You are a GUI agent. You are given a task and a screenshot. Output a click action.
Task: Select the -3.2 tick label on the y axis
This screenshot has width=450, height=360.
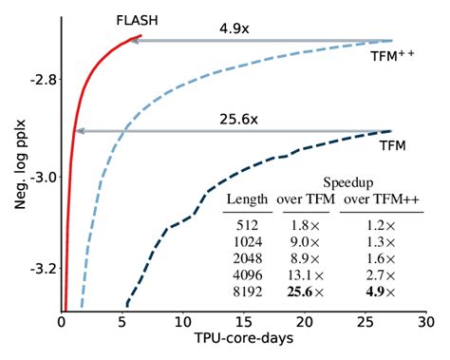pyautogui.click(x=37, y=269)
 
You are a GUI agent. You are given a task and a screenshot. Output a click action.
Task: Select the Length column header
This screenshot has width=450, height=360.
pyautogui.click(x=249, y=199)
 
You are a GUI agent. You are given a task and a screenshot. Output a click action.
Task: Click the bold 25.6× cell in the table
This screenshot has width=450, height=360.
pyautogui.click(x=302, y=292)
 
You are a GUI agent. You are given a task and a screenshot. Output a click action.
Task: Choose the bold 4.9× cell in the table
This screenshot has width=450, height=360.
pyautogui.click(x=377, y=292)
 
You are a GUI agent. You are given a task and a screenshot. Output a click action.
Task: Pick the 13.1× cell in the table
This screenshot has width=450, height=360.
pyautogui.click(x=302, y=275)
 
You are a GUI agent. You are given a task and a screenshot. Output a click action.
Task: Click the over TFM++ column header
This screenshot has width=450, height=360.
pyautogui.click(x=378, y=199)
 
